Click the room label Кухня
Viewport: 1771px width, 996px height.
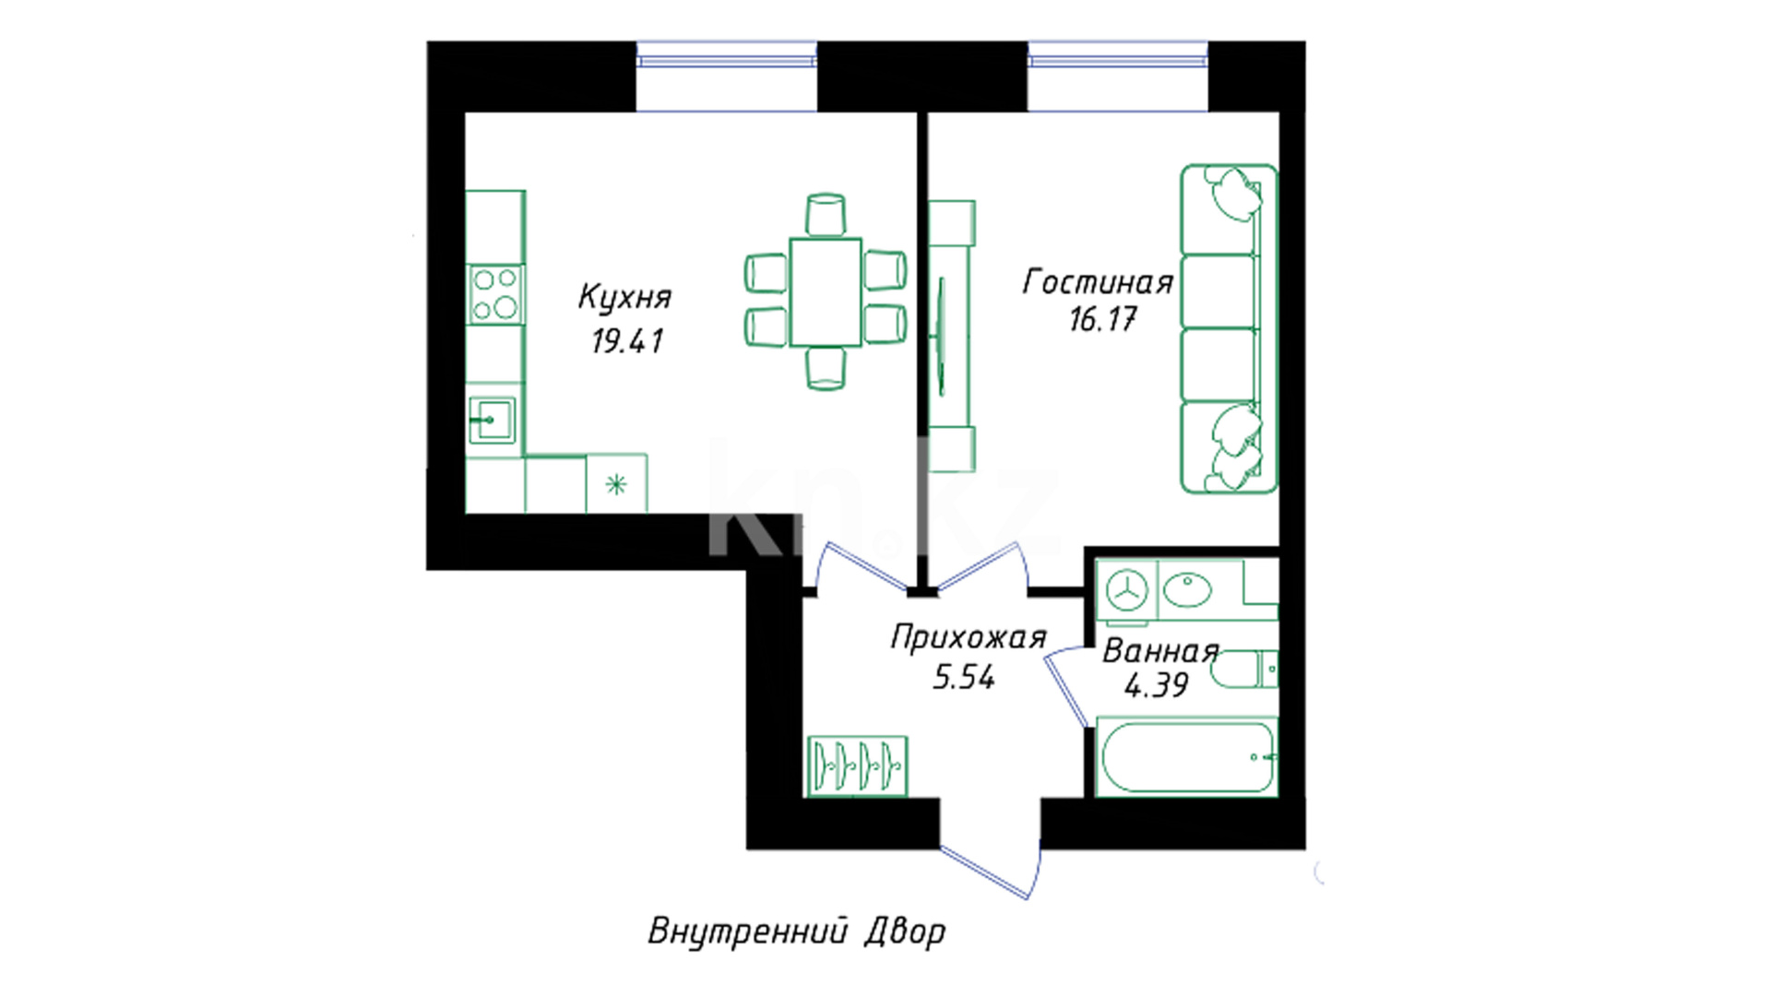tap(624, 297)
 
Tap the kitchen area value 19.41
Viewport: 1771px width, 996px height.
tap(627, 341)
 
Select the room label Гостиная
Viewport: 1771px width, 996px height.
tap(1098, 282)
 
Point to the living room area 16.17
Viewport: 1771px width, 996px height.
tap(1103, 319)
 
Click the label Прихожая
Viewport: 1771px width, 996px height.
tap(969, 637)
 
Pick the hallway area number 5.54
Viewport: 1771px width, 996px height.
tap(964, 678)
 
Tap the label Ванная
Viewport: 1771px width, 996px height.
tap(1160, 651)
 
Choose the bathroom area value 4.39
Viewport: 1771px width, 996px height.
tap(1157, 685)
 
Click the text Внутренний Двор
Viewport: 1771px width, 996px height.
tap(797, 931)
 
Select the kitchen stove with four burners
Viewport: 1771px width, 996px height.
tap(495, 294)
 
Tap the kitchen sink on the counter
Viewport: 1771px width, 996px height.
tap(492, 421)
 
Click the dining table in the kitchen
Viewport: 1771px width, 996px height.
tap(826, 291)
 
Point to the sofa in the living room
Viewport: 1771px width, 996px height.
tap(1229, 328)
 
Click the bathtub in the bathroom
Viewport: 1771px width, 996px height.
tap(1186, 757)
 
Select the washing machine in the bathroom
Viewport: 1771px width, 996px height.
tap(1126, 589)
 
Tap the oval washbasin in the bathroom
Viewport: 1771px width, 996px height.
tap(1187, 589)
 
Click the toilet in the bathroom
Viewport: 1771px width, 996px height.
tap(1243, 670)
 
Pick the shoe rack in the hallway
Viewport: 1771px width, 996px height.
tap(858, 765)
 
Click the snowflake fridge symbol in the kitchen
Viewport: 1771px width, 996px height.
tap(616, 483)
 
